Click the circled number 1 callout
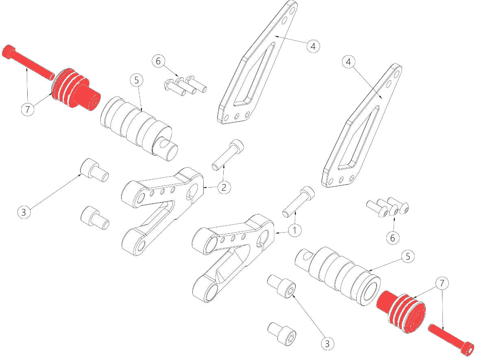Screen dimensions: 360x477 coord(295,231)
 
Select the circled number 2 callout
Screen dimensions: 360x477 coord(224,187)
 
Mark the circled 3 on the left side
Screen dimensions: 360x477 coord(24,212)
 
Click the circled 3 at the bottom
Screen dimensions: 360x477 coord(327,344)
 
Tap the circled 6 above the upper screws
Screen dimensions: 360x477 coord(158,62)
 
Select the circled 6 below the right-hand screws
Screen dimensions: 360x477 coord(392,237)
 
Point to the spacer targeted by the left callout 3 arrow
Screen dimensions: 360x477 coord(94,170)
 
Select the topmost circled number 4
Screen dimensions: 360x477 coord(312,46)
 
